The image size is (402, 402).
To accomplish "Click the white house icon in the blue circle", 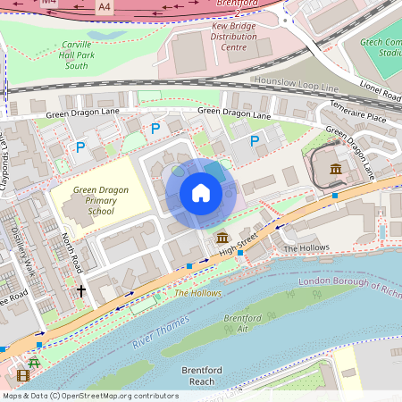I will click(x=201, y=193).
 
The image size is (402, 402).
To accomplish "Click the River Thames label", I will click(x=161, y=330).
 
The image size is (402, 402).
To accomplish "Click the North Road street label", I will click(x=72, y=253).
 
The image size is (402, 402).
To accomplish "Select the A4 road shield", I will click(x=105, y=6).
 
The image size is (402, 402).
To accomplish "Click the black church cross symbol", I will click(x=80, y=291).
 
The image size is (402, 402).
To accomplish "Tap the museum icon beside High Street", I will click(x=222, y=237).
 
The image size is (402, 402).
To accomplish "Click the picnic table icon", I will click(x=35, y=364).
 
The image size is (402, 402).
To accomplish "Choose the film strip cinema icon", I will click(x=23, y=374).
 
